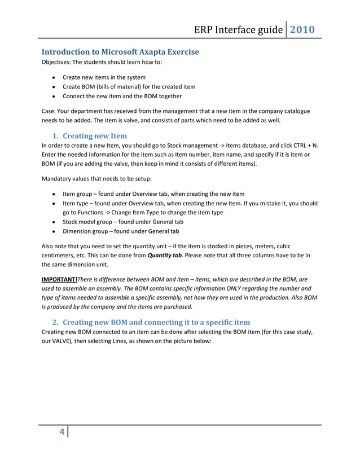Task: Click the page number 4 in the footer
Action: tap(62, 433)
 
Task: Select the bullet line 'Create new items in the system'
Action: tap(104, 77)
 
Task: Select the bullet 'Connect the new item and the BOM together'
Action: tap(123, 96)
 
